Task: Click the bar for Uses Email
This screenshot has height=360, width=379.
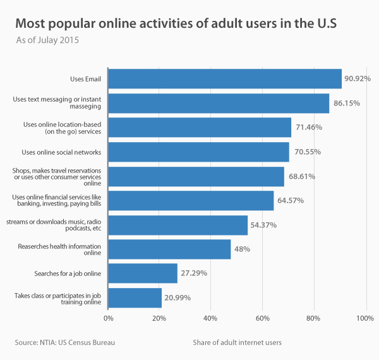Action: (225, 79)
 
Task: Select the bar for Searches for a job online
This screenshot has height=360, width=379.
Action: (143, 273)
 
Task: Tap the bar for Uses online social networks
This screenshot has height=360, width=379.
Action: (198, 152)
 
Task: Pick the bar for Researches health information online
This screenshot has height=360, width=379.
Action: (169, 249)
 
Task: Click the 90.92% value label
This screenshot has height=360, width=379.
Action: (357, 79)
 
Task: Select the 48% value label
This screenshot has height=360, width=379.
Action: (242, 249)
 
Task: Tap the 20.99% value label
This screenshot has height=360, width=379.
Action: (178, 297)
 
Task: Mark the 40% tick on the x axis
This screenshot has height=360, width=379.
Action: (211, 318)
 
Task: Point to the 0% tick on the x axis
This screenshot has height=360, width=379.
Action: (109, 318)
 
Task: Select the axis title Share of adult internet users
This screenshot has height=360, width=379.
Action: (238, 342)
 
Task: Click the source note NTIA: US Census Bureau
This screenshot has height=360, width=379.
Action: (65, 342)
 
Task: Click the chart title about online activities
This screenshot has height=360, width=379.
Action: (176, 24)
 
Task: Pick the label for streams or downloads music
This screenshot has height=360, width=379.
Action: (54, 225)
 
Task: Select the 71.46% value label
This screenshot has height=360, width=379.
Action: (307, 127)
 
